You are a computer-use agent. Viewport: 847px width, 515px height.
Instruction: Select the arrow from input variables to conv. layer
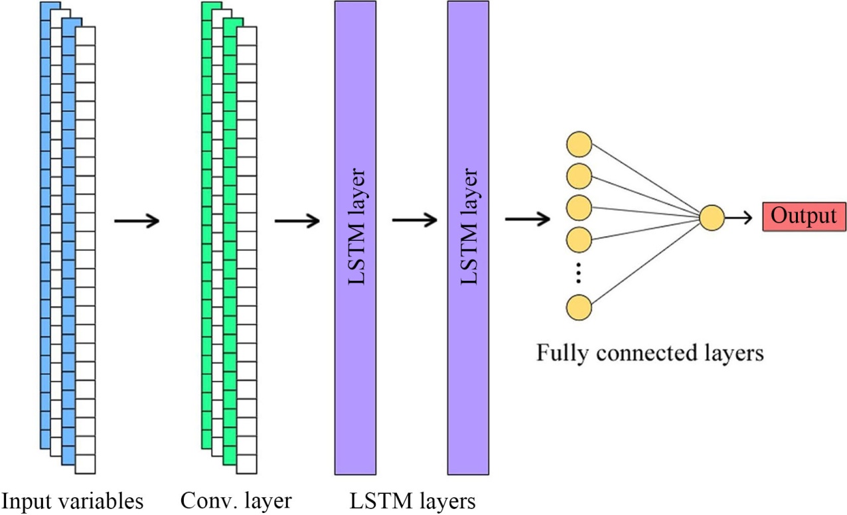point(137,220)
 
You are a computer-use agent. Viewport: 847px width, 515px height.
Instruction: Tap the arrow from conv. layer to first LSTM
point(297,220)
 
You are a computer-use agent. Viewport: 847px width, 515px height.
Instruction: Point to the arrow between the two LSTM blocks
point(415,220)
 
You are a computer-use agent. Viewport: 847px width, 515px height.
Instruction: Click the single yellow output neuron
point(712,218)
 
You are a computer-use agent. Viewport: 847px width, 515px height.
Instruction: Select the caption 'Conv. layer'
point(236,501)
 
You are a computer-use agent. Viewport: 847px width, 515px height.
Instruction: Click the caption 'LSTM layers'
point(414,501)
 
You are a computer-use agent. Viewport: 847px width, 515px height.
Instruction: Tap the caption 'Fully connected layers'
point(650,352)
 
